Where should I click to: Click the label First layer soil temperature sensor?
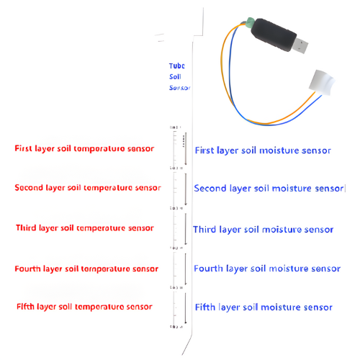click(84, 149)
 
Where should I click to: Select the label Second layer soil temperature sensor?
click(87, 188)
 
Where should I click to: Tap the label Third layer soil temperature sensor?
click(84, 228)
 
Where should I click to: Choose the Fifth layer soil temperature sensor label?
click(84, 307)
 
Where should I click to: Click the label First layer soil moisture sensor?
click(263, 150)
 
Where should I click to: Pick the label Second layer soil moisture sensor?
click(269, 189)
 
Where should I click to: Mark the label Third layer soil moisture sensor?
click(264, 230)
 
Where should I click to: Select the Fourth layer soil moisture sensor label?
click(267, 269)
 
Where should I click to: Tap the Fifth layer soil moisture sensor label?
click(264, 307)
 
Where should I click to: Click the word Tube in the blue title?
click(177, 65)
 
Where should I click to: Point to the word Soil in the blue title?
click(176, 76)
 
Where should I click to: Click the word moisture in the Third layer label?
click(284, 230)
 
